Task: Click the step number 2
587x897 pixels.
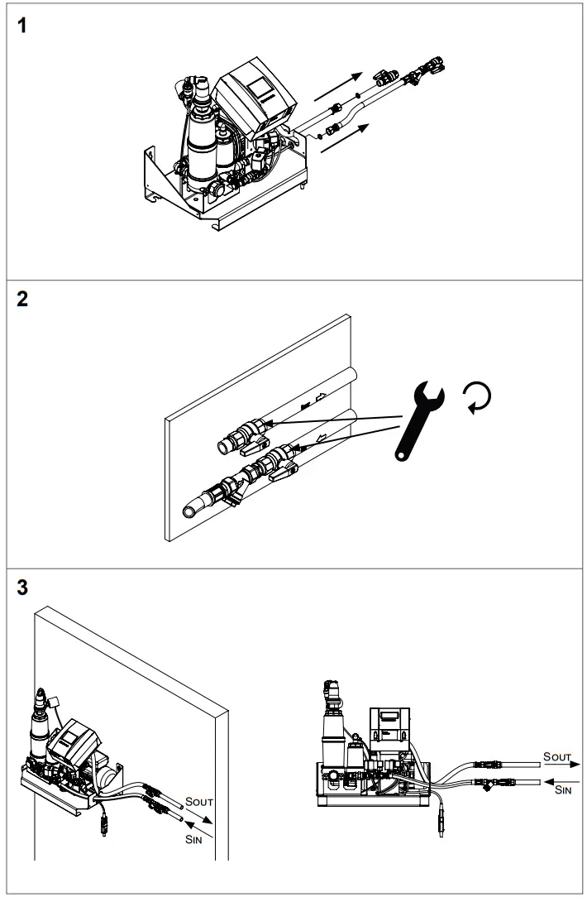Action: point(23,300)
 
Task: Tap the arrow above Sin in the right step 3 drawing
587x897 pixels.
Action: point(553,779)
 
